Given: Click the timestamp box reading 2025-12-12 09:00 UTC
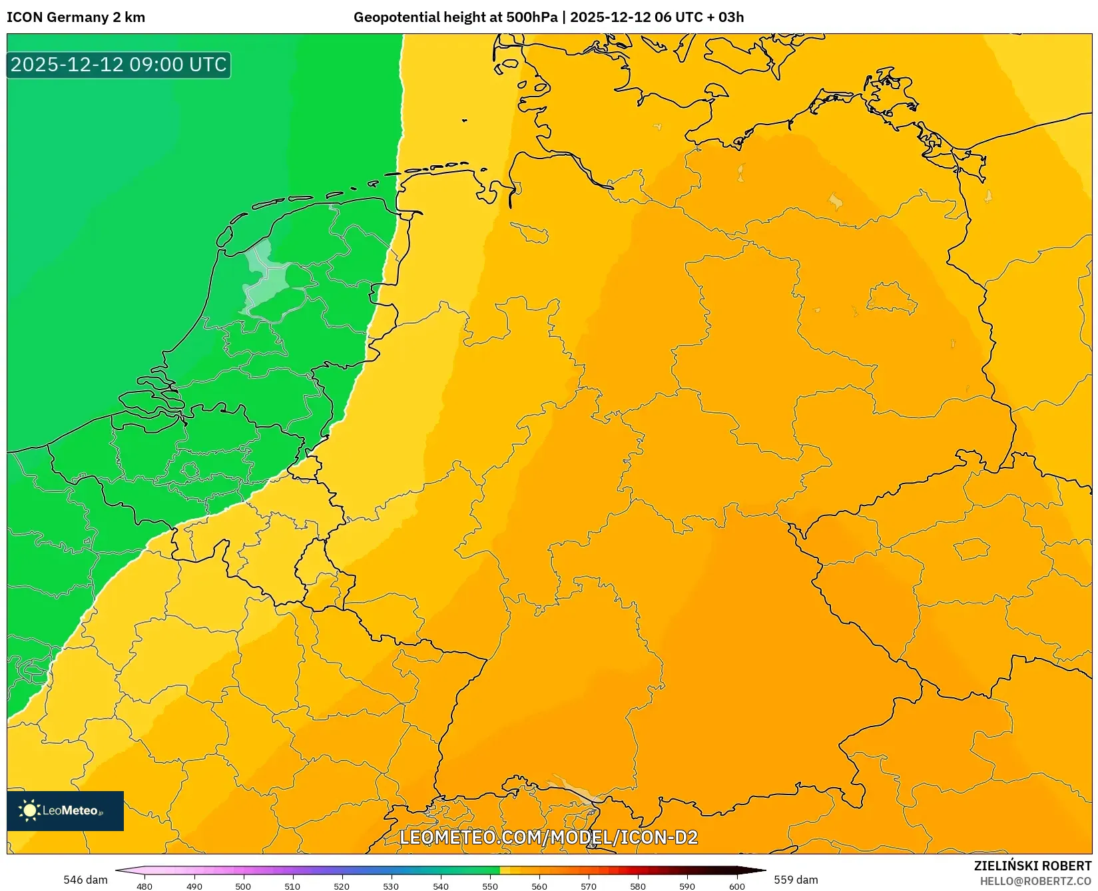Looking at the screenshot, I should pyautogui.click(x=119, y=65).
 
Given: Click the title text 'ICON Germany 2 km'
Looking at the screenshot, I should pyautogui.click(x=76, y=17).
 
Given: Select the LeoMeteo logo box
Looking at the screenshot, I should pyautogui.click(x=65, y=810).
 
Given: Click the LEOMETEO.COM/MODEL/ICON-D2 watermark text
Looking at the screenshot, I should pyautogui.click(x=549, y=837).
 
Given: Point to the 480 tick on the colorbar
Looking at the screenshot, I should pyautogui.click(x=144, y=886).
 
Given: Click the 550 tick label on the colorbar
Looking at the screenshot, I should pyautogui.click(x=490, y=886).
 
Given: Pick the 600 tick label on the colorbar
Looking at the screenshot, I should pyautogui.click(x=736, y=886).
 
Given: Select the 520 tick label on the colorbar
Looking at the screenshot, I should pyautogui.click(x=342, y=886).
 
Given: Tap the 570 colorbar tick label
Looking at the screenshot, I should pyautogui.click(x=589, y=886).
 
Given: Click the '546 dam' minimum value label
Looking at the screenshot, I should pyautogui.click(x=85, y=880).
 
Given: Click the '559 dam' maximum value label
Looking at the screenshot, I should pyautogui.click(x=796, y=880).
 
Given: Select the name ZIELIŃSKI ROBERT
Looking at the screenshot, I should pyautogui.click(x=1033, y=866).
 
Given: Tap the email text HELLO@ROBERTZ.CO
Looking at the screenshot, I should pyautogui.click(x=1035, y=881).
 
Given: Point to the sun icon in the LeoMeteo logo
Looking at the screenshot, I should pyautogui.click(x=29, y=810).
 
